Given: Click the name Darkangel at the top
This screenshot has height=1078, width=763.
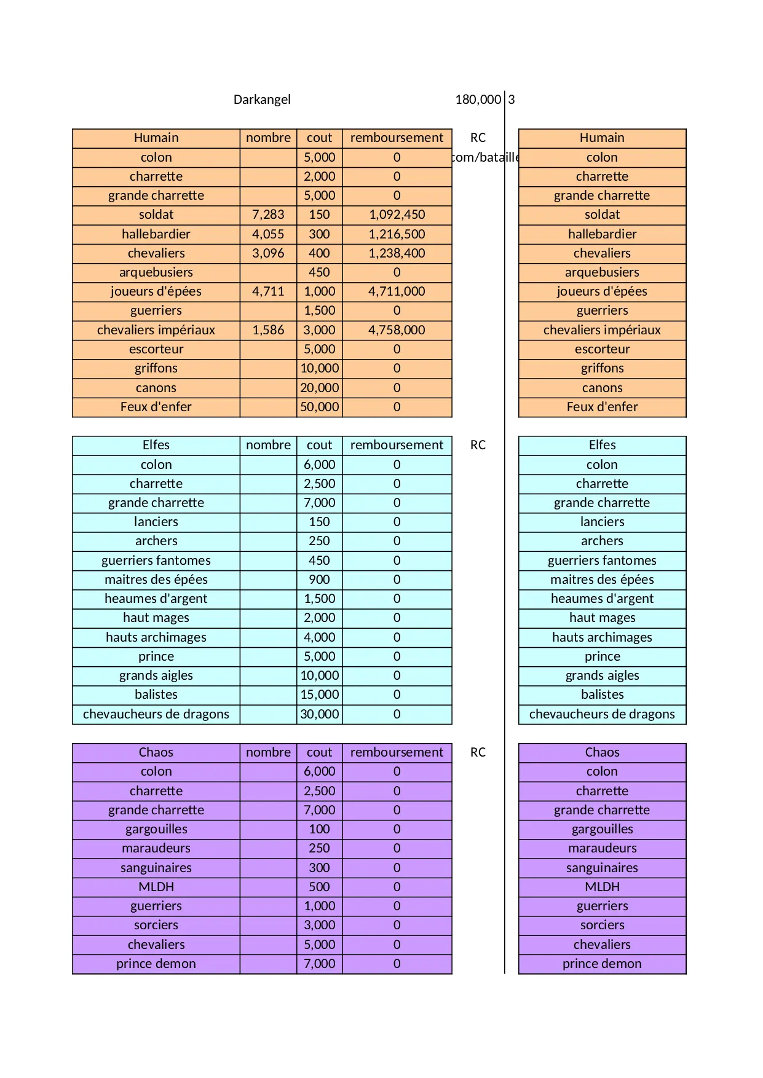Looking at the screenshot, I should click(262, 100).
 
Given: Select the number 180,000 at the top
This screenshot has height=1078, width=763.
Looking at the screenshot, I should click(478, 100).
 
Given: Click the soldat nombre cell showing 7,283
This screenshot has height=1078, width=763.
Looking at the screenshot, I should click(268, 214).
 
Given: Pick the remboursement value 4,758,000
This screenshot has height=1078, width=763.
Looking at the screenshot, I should click(397, 330).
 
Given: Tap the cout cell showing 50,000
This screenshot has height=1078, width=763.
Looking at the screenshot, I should click(319, 407).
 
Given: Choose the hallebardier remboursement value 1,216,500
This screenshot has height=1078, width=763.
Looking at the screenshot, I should click(397, 234).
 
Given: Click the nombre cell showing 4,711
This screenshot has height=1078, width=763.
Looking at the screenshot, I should click(268, 291).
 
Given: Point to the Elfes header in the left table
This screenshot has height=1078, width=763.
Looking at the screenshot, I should click(156, 445).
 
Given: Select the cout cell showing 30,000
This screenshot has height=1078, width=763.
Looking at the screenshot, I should click(319, 714).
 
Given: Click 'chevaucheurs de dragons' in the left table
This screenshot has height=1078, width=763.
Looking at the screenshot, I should click(156, 714).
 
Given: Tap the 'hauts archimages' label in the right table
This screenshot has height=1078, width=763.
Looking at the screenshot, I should click(602, 637).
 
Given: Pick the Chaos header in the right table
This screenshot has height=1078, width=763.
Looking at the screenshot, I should click(602, 752).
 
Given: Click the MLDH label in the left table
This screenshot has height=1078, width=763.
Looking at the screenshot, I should click(156, 887).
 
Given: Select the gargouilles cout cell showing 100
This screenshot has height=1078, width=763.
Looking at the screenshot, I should click(319, 829).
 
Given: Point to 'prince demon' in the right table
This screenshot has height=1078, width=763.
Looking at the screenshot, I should click(602, 964).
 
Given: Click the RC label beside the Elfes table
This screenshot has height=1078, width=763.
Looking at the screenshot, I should click(478, 445).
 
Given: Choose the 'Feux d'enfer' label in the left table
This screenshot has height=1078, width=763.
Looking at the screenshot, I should click(156, 407).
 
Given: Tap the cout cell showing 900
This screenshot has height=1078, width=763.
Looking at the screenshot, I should click(319, 580).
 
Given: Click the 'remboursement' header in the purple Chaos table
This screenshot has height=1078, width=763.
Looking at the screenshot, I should click(397, 752).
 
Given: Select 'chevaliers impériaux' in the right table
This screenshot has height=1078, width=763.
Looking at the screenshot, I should click(602, 330).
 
